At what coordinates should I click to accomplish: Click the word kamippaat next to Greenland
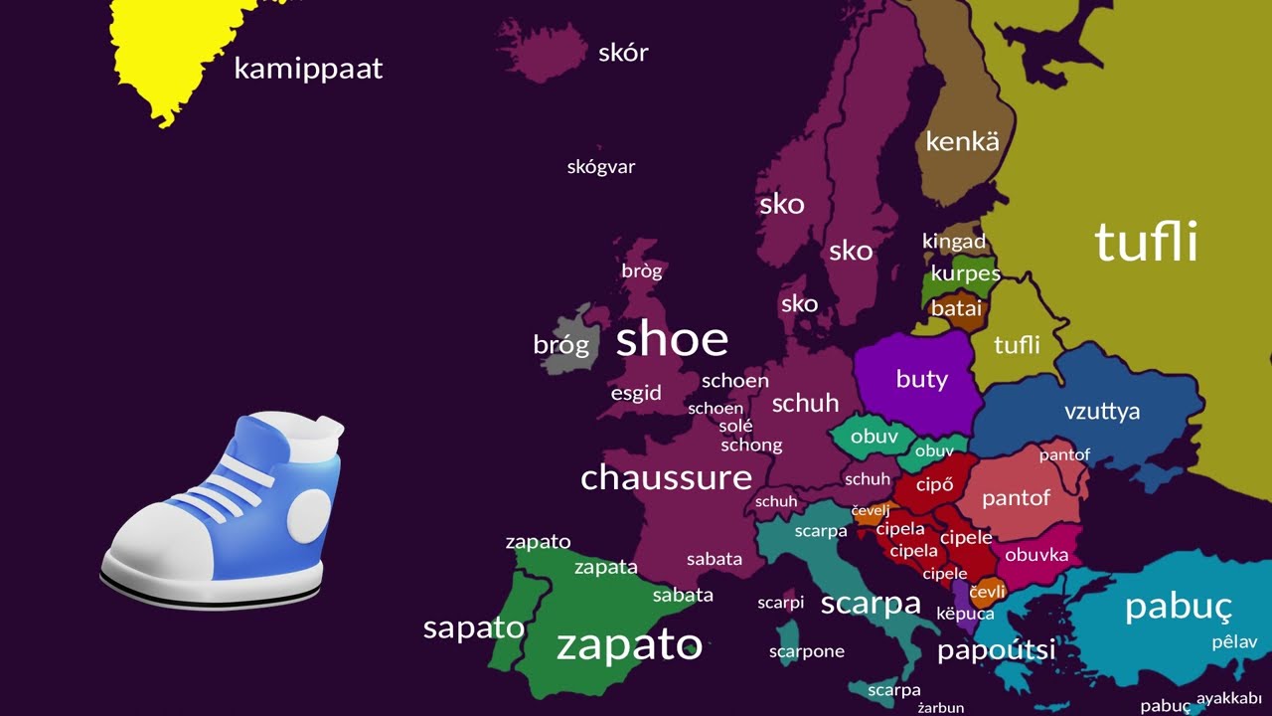[x=308, y=70]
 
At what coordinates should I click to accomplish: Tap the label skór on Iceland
[x=623, y=53]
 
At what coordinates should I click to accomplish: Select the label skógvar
[x=600, y=167]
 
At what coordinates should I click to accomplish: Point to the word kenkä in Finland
[x=962, y=141]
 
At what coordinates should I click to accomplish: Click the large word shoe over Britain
[x=672, y=340]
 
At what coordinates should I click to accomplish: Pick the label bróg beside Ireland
[x=560, y=345]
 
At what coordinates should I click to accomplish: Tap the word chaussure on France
[x=666, y=477]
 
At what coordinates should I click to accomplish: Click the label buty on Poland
[x=921, y=379]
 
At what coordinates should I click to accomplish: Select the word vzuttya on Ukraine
[x=1101, y=412]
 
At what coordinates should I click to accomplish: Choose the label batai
[x=956, y=308]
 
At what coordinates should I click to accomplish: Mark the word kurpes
[x=965, y=273]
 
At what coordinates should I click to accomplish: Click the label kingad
[x=953, y=242]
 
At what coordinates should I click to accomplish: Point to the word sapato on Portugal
[x=473, y=628]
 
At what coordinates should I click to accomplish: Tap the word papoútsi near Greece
[x=996, y=650]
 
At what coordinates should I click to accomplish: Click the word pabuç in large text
[x=1178, y=606]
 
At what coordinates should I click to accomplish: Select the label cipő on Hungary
[x=934, y=485]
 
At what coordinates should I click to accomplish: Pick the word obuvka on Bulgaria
[x=1036, y=555]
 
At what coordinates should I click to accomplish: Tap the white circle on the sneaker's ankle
[x=309, y=514]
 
